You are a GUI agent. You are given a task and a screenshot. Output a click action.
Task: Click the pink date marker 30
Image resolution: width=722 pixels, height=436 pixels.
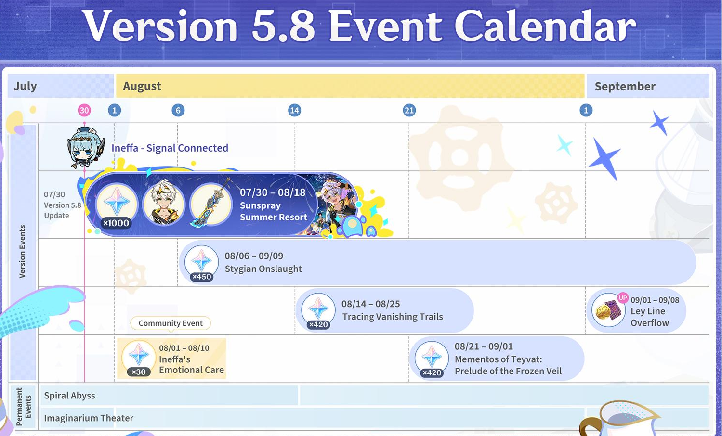click(84, 111)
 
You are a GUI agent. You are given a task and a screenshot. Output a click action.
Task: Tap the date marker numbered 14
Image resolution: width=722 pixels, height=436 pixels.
click(294, 111)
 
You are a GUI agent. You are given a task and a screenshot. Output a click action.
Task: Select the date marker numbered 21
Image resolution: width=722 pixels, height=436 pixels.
click(409, 111)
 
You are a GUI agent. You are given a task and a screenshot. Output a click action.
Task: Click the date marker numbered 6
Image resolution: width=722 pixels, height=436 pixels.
click(178, 111)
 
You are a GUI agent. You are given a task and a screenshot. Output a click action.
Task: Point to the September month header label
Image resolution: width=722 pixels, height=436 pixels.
click(625, 86)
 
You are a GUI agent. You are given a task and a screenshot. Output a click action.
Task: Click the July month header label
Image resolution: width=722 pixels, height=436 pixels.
click(25, 86)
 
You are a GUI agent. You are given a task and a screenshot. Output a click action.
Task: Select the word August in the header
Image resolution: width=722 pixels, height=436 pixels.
click(142, 86)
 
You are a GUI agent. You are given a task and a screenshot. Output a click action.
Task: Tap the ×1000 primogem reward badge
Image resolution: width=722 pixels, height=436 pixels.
click(116, 223)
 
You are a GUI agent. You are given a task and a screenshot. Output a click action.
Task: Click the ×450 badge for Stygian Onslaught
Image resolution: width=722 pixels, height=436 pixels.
click(201, 277)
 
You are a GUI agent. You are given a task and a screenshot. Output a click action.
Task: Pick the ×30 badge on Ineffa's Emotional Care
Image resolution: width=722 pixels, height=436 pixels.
click(139, 372)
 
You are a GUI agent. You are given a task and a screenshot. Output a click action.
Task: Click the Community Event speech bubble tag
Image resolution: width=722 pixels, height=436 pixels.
click(171, 323)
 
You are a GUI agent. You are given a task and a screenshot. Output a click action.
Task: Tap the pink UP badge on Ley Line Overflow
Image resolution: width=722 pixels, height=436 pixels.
click(623, 298)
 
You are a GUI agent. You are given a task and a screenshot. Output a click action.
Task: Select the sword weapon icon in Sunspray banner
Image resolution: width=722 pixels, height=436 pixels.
click(211, 204)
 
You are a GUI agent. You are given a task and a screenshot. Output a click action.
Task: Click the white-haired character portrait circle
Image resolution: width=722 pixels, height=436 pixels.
click(164, 203)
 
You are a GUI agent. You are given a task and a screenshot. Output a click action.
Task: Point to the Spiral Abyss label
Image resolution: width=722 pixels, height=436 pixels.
click(70, 396)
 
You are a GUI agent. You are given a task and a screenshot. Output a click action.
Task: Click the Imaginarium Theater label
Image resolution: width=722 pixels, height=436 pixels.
click(89, 418)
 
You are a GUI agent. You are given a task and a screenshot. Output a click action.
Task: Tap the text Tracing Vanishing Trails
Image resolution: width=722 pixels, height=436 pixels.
click(393, 317)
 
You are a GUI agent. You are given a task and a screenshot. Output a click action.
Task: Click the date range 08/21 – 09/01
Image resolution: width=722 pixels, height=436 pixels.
click(484, 346)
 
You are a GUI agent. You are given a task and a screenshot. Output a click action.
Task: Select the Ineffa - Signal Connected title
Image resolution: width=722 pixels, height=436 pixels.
click(170, 148)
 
